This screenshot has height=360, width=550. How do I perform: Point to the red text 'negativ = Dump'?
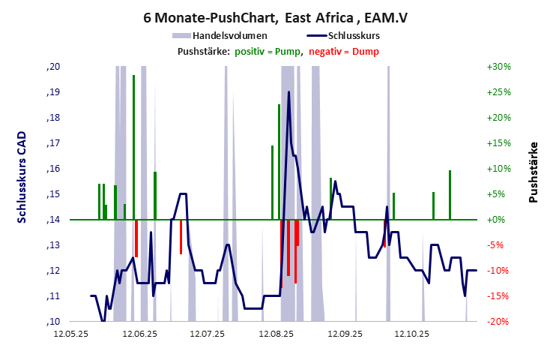344,51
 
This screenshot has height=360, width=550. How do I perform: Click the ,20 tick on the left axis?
52,67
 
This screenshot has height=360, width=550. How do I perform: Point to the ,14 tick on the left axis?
52,220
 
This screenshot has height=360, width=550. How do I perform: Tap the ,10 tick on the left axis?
52,322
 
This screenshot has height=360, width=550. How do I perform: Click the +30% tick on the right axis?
498,67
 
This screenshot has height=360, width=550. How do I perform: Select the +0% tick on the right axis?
498,220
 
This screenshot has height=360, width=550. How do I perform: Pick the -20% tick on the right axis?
498,322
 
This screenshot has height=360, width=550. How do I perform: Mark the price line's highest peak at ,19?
289,92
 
